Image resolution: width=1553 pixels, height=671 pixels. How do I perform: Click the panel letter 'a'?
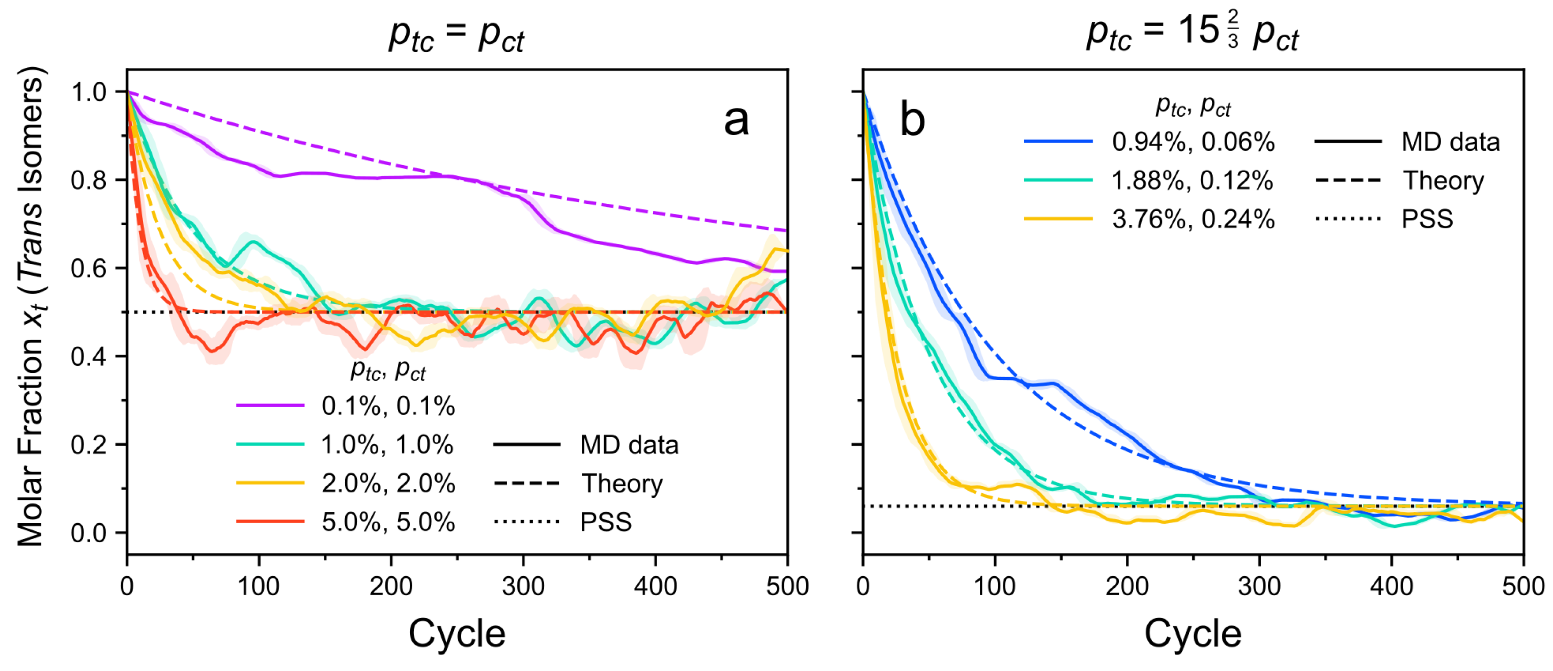point(736,120)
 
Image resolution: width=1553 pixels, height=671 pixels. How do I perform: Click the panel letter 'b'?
point(912,120)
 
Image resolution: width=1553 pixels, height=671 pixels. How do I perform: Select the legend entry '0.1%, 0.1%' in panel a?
point(388,406)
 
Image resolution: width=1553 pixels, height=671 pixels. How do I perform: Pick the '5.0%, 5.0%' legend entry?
point(388,522)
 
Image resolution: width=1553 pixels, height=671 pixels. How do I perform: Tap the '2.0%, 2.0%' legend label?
point(388,484)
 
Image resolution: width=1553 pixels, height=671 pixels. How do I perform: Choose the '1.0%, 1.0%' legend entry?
point(386,445)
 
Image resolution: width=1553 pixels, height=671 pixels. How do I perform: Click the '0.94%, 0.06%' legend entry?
point(1193,142)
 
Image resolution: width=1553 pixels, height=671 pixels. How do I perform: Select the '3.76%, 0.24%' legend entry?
point(1193,219)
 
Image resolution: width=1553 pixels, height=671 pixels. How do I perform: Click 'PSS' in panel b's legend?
point(1426,219)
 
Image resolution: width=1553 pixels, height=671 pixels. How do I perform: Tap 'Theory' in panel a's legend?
point(622,484)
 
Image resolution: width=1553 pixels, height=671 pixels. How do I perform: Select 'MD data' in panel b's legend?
point(1450,142)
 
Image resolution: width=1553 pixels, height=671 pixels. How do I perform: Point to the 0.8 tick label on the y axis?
point(89,180)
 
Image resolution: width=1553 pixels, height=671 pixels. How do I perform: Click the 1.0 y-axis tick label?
point(89,92)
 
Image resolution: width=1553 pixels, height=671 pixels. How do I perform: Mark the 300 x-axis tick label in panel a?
point(523,586)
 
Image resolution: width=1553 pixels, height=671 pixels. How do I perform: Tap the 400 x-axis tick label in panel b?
point(1392,586)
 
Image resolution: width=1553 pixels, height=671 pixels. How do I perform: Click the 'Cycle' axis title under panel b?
point(1193,634)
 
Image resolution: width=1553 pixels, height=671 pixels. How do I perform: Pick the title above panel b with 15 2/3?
point(1192,34)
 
